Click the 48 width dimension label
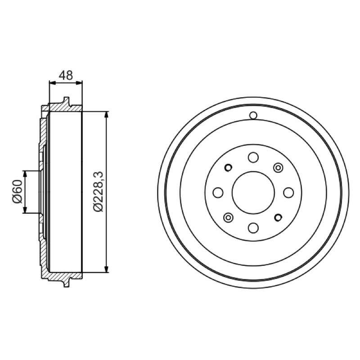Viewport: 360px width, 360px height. click(66, 75)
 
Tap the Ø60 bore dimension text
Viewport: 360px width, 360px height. click(18, 192)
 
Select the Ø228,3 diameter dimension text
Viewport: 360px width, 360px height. click(99, 192)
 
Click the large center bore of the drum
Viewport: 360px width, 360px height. click(253, 193)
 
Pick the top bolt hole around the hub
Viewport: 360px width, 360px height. click(253, 157)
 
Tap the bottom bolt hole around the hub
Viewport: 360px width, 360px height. click(253, 228)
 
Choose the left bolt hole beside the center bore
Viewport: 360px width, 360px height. click(218, 193)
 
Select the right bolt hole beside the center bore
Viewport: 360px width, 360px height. click(288, 193)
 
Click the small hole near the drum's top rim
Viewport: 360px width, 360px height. click(253, 115)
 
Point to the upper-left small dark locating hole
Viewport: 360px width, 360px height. click(228, 168)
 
